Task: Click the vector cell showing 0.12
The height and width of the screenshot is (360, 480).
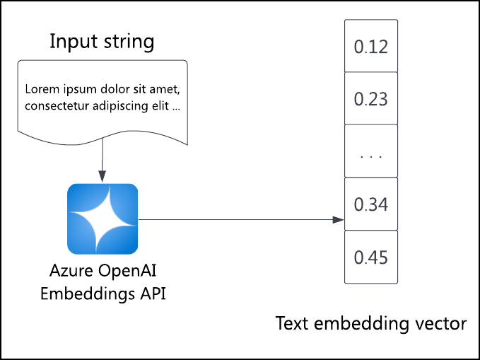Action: pos(370,46)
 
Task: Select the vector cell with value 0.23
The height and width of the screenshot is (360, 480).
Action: pos(370,98)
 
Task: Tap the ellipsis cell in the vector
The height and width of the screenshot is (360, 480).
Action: pos(370,151)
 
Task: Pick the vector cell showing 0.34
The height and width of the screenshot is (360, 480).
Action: pos(370,204)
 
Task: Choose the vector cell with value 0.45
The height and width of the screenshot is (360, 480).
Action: pos(370,257)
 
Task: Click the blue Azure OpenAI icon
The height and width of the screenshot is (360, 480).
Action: pos(103,219)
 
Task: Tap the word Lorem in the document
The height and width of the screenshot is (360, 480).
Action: pos(39,90)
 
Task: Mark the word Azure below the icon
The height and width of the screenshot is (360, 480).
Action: pos(66,271)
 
